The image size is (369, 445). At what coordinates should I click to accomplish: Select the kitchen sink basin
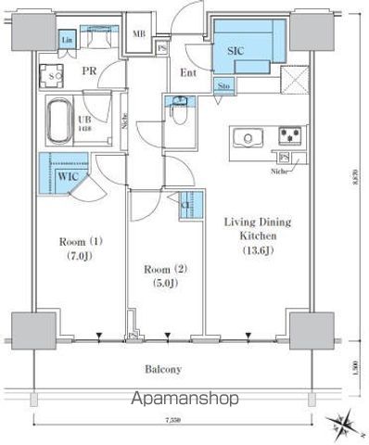[249, 138]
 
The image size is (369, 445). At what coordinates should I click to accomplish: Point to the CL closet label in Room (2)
[186, 206]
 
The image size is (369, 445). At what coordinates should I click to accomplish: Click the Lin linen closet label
[67, 41]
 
